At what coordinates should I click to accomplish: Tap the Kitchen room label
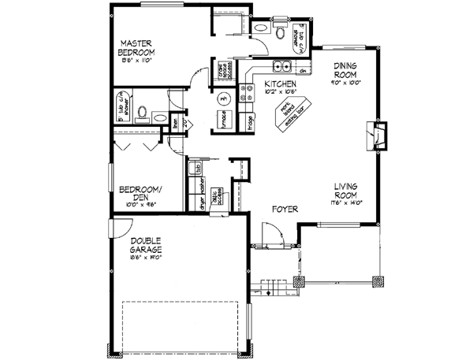pos(280,83)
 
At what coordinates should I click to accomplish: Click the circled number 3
pos(223,100)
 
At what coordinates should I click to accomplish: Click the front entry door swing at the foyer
pos(270,235)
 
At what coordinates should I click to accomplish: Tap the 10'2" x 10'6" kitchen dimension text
pos(280,91)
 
